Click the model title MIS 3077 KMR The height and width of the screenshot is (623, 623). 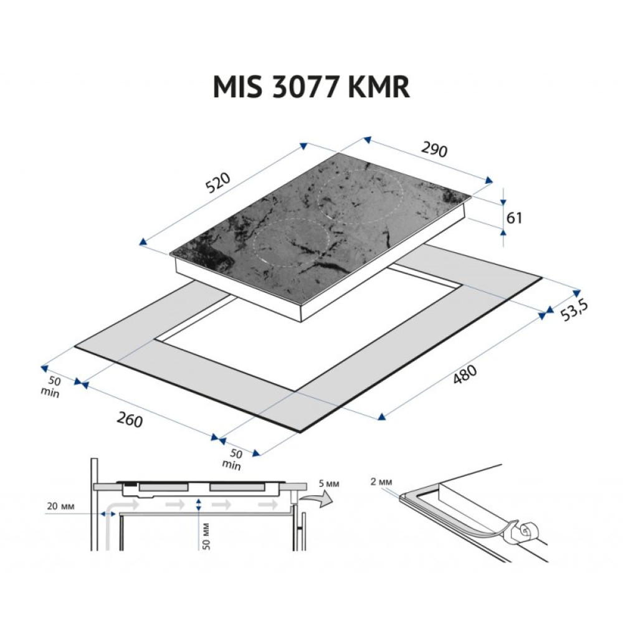(x=311, y=87)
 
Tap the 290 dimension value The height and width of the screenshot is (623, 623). (x=434, y=150)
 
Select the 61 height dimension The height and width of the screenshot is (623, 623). (x=514, y=217)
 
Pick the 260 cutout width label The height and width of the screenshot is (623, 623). (x=130, y=421)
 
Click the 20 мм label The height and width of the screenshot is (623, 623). (x=60, y=506)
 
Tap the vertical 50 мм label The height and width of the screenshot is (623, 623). (x=206, y=535)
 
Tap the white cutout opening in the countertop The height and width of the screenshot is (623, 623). (x=311, y=336)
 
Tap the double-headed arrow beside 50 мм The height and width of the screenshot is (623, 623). (x=198, y=505)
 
